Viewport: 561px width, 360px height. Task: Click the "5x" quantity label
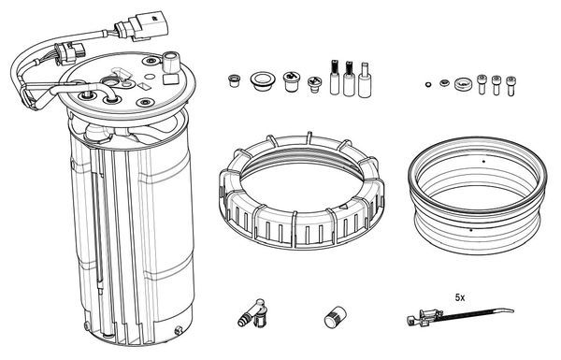460,296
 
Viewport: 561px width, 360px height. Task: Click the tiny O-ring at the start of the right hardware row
427,86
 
